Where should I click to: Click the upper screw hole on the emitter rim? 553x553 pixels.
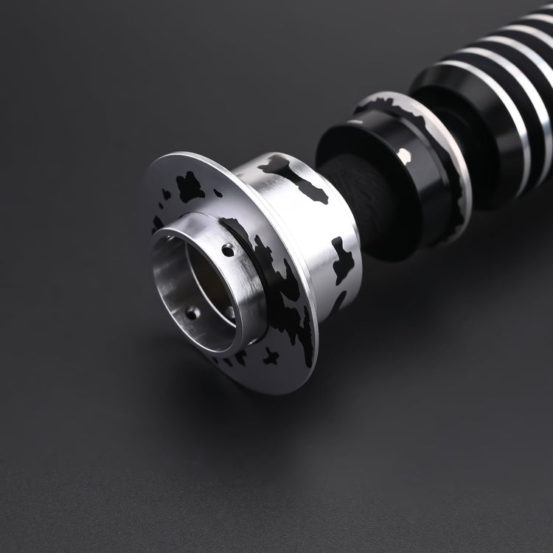(x=228, y=251)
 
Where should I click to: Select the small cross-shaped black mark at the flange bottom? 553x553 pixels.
(x=271, y=357)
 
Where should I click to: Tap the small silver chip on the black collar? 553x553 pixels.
(x=404, y=155)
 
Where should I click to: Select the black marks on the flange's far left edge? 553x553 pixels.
(x=157, y=221)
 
